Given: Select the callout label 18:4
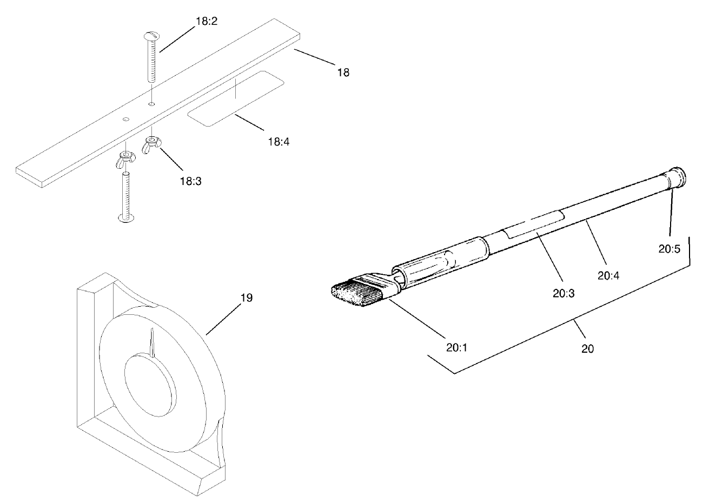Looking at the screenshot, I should point(279,142).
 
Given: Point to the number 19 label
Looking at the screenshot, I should point(246,298).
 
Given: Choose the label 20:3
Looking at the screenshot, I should point(563,293).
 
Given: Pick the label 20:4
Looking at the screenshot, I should point(608,275).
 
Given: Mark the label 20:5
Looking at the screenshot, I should point(669,249).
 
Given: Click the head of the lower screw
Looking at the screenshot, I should point(127,218).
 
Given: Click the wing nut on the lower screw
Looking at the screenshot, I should point(124,161).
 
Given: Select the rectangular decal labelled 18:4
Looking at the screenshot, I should point(235,98).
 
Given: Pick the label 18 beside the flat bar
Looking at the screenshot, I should point(343,72).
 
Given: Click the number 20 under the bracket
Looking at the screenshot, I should point(587,349).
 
